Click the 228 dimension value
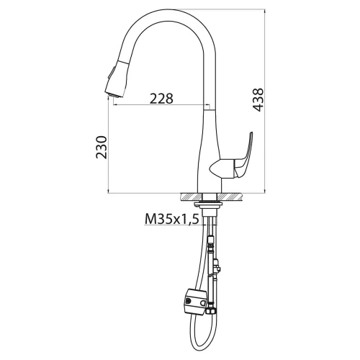161,99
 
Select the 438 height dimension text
258,100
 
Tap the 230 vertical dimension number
102,147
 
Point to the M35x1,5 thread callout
172,219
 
